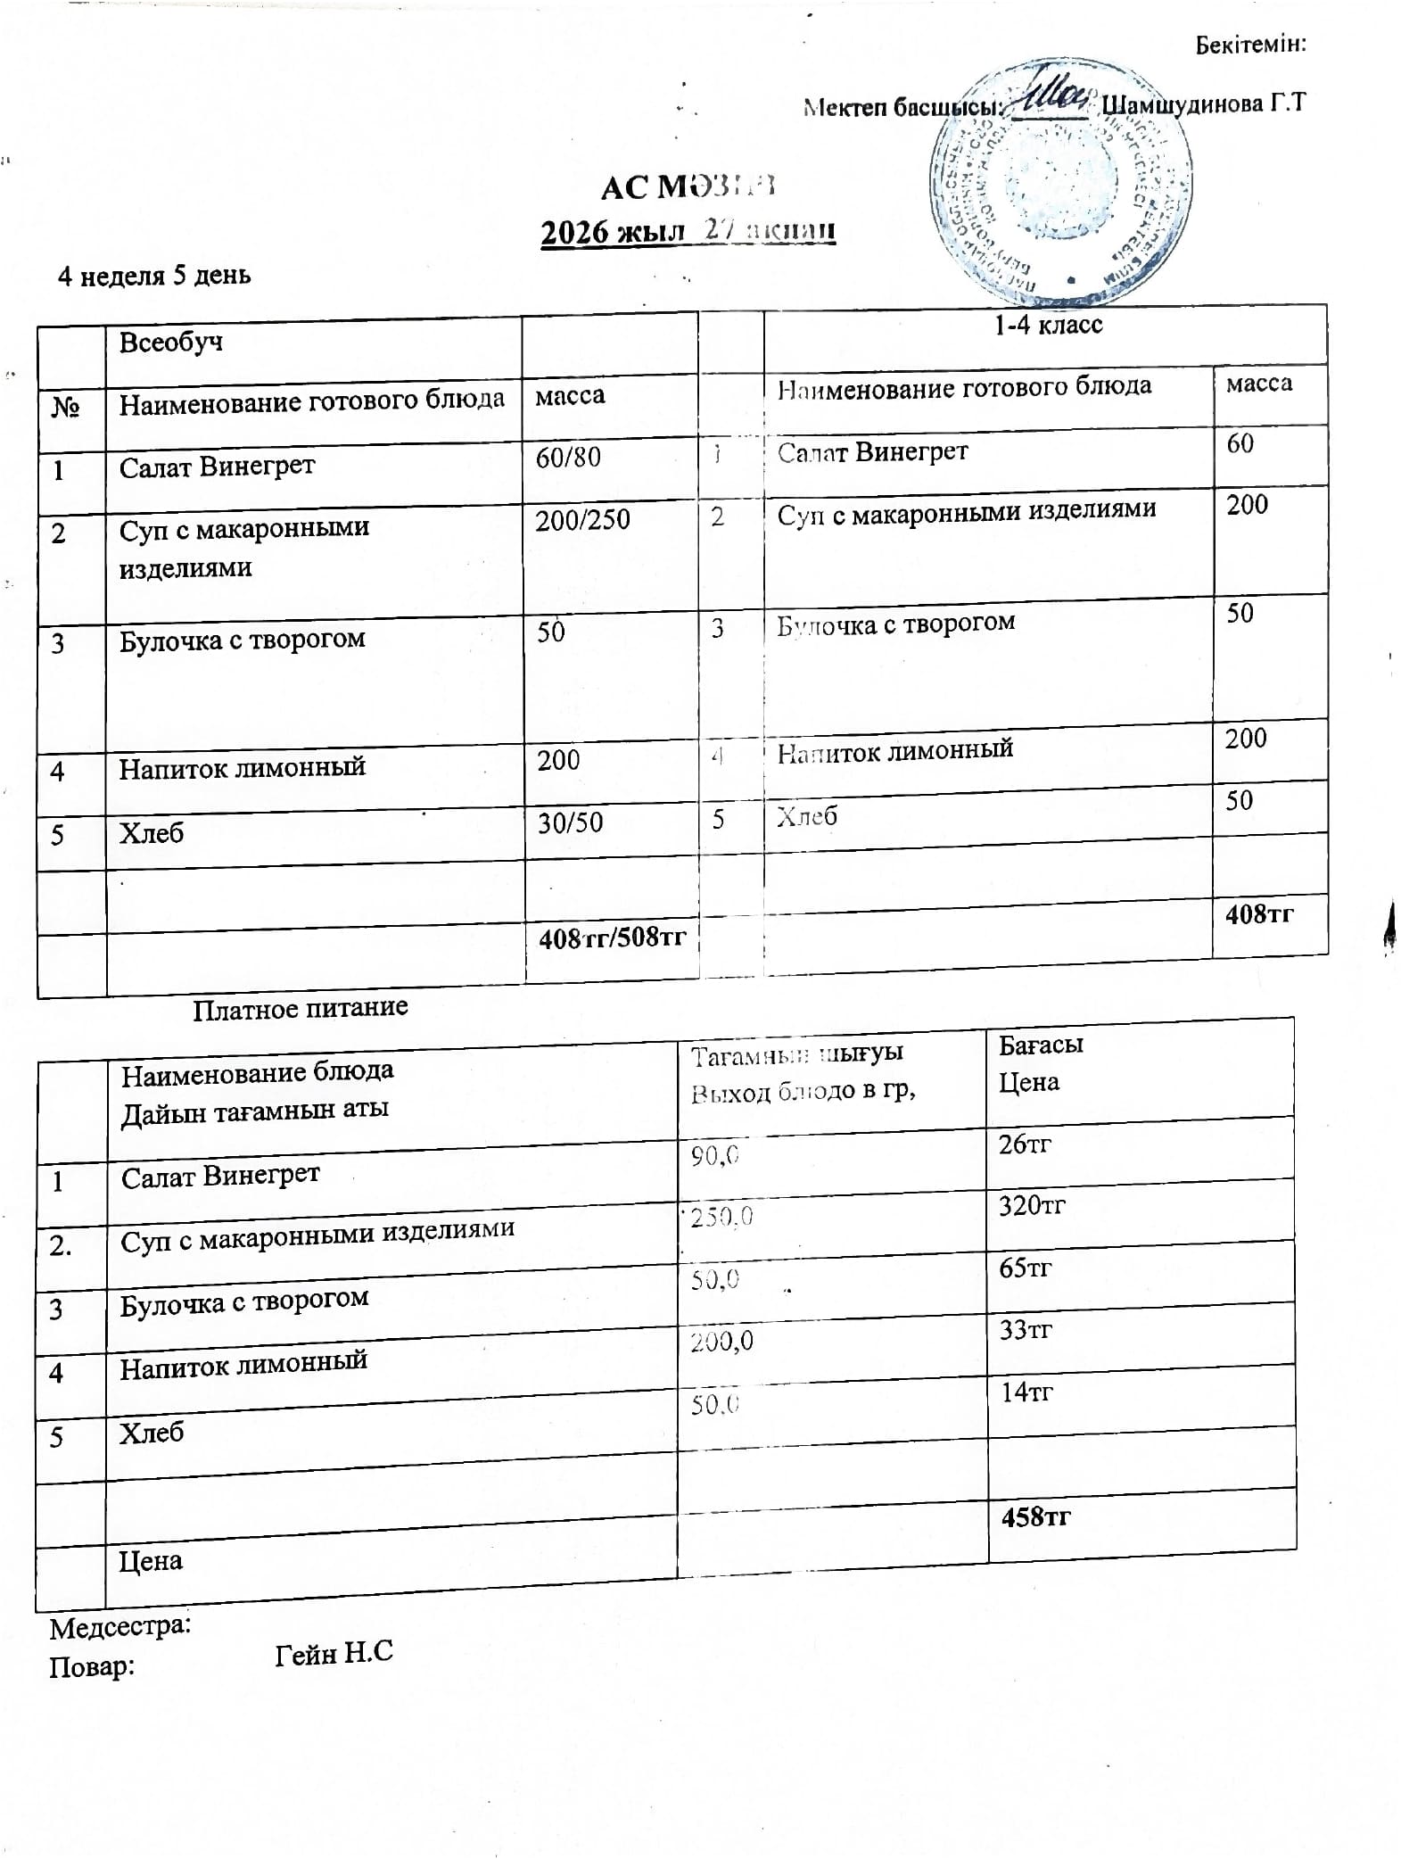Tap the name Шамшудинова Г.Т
(x=1203, y=104)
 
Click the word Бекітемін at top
(x=1250, y=45)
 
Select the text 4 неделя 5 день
(x=154, y=276)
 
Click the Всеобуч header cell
(x=171, y=343)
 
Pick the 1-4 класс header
(x=1048, y=325)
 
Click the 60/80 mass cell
(x=568, y=458)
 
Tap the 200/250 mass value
(x=582, y=520)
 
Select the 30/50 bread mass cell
(x=570, y=822)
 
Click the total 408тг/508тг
(x=612, y=938)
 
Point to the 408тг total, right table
(x=1259, y=913)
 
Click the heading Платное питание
(x=301, y=1008)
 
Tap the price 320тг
(x=1032, y=1206)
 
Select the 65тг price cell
(x=1026, y=1268)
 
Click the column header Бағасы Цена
(x=1040, y=1063)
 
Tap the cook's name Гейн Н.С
(x=334, y=1653)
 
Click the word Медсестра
(x=120, y=1627)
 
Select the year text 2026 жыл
(x=613, y=233)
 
